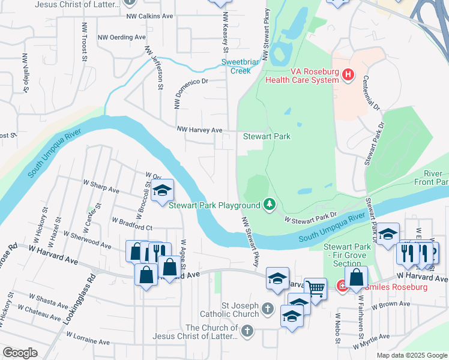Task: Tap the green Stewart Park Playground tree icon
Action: (270, 205)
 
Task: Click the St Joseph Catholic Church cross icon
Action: (268, 310)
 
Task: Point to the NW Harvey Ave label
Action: (199, 130)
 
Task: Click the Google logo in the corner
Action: (20, 353)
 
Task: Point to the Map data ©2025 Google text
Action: (411, 355)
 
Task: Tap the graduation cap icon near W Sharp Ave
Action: (161, 191)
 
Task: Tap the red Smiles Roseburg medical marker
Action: (342, 287)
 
